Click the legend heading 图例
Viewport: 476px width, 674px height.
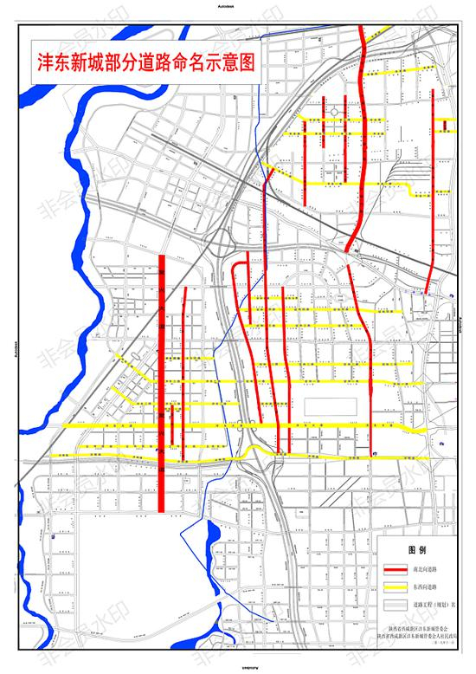(418, 549)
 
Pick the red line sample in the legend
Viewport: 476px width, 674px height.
(396, 568)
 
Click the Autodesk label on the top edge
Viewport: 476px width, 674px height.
(238, 7)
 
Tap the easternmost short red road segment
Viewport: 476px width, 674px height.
(446, 126)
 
